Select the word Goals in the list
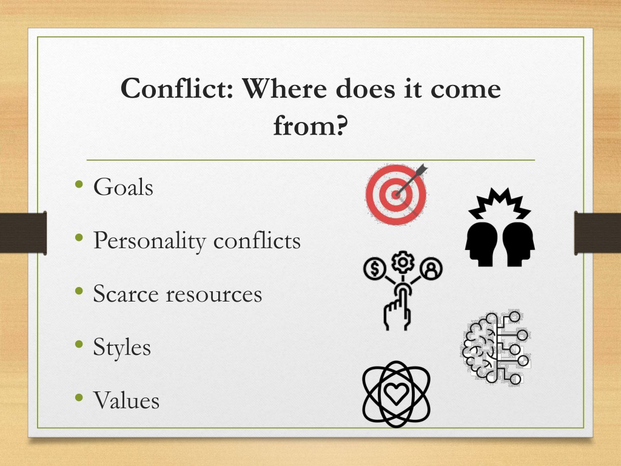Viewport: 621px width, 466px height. (x=123, y=187)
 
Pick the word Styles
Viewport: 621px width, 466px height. (x=122, y=348)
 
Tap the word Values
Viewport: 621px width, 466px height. (x=126, y=400)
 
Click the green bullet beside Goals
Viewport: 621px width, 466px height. (x=79, y=184)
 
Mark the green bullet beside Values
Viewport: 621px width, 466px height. (x=79, y=397)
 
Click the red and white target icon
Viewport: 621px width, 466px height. (x=397, y=194)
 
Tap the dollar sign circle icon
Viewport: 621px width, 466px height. (x=374, y=268)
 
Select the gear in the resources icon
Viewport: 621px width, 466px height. (x=403, y=262)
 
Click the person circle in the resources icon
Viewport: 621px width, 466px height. (x=431, y=268)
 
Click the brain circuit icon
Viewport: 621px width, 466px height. (x=496, y=348)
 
